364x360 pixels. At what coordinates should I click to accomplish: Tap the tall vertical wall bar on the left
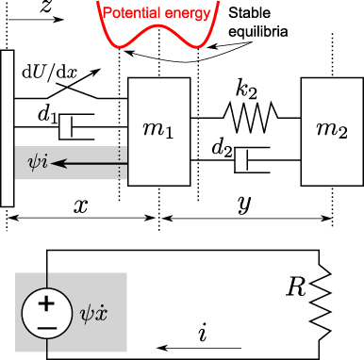coord(8,127)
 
